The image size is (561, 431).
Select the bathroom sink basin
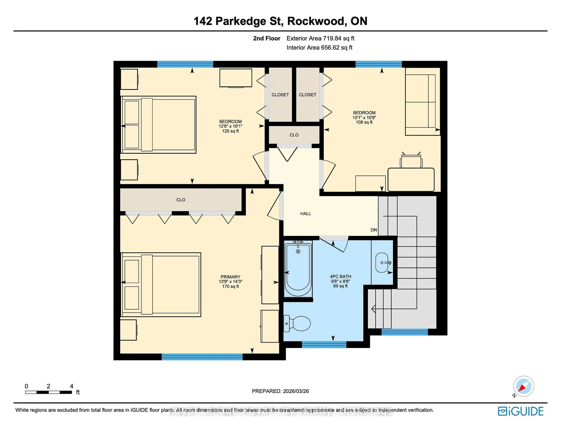382,262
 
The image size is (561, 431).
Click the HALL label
306,213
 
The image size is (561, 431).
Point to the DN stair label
374,230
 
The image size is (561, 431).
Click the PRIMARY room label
230,277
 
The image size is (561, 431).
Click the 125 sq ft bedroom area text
230,131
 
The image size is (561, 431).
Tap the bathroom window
324,345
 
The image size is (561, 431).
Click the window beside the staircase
405,332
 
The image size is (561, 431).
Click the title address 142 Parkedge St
238,21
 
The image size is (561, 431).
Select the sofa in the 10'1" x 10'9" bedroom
422,101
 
